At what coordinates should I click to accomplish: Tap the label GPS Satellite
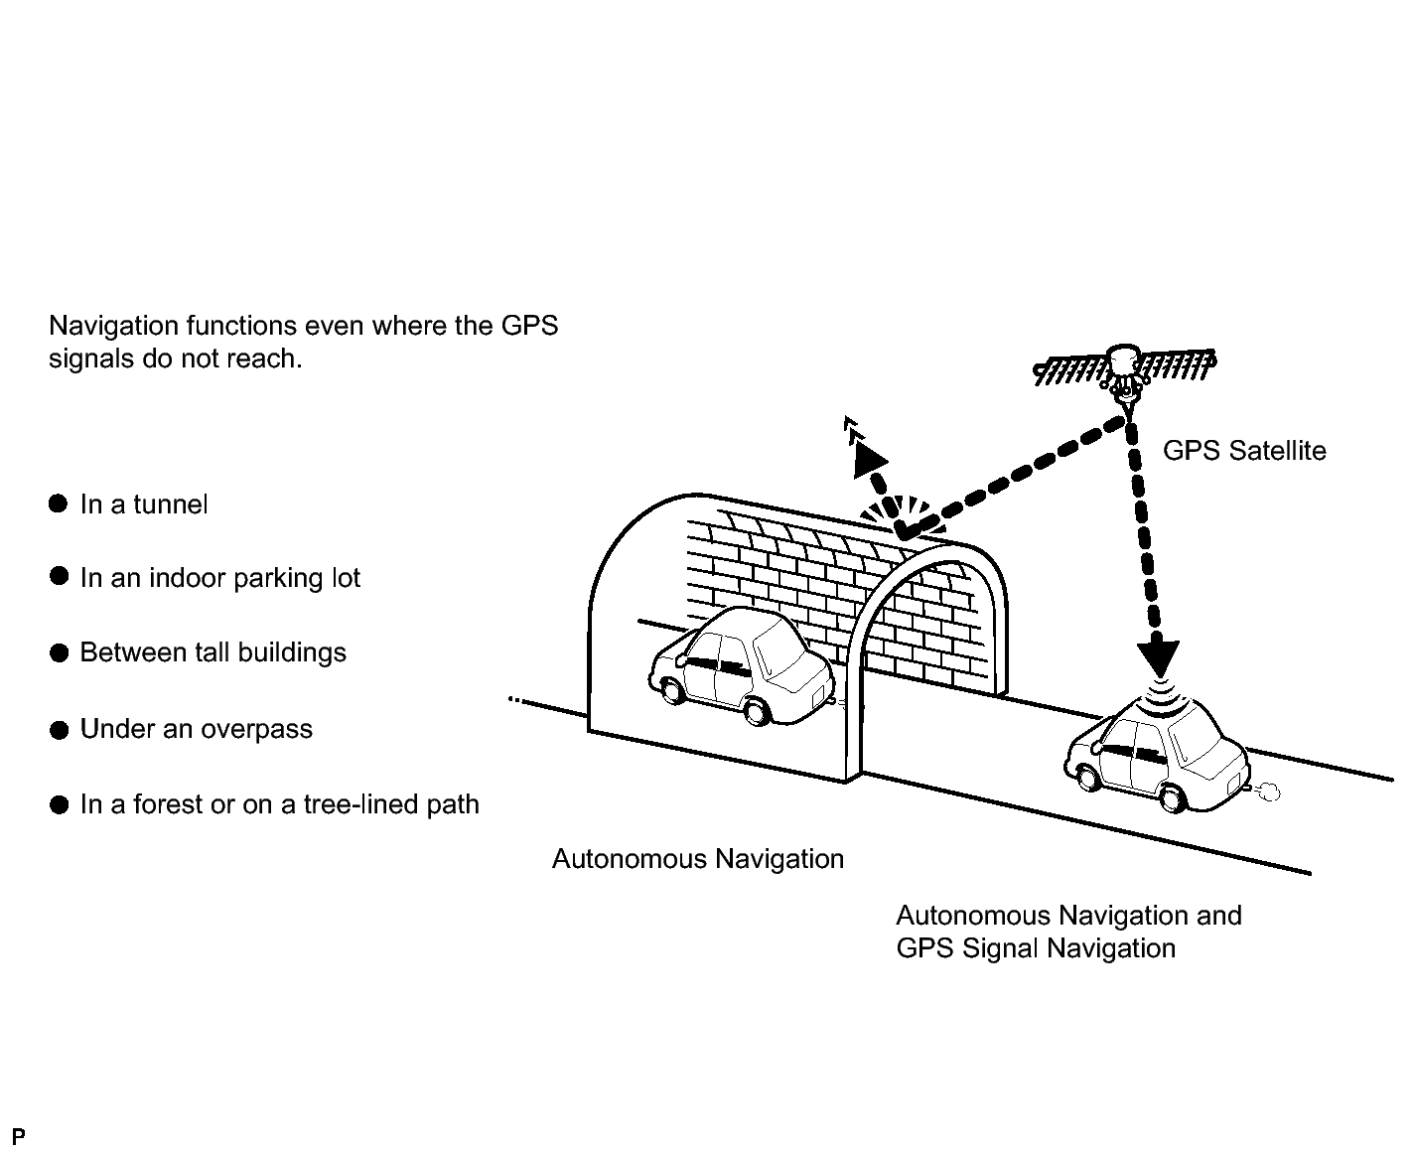click(x=1243, y=451)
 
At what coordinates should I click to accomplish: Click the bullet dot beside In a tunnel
click(x=59, y=504)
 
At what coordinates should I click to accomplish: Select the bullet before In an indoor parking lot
click(x=59, y=577)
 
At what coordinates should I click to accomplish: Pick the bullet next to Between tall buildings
click(x=59, y=652)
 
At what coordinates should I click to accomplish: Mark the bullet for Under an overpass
click(x=59, y=730)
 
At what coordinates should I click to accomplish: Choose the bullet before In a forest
click(x=59, y=804)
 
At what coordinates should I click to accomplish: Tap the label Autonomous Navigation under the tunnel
click(x=697, y=859)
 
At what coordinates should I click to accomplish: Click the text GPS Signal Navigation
click(x=1035, y=948)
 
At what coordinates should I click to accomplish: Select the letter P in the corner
click(x=18, y=1136)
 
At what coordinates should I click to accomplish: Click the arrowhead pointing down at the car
click(x=1158, y=656)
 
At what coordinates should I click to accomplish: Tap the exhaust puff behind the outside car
click(x=1267, y=792)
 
